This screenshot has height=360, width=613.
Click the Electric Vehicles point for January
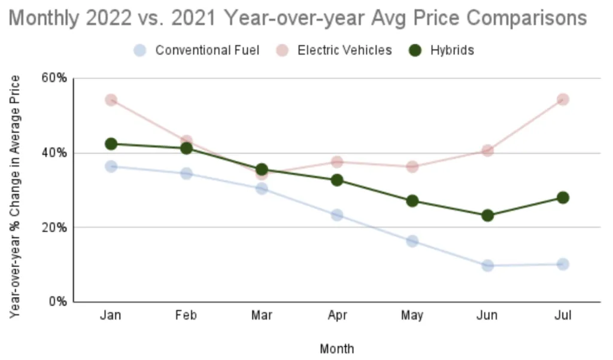pos(111,99)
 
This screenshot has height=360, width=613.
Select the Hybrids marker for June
pos(487,215)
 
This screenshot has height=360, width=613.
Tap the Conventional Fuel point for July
pos(563,264)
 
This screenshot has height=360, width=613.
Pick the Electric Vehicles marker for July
pos(563,99)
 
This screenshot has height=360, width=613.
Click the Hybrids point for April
pos(337,180)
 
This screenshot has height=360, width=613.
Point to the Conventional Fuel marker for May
pos(412,241)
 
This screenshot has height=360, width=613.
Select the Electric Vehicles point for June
pos(487,150)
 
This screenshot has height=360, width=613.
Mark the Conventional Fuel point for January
pos(111,166)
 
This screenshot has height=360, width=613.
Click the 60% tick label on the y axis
pos(53,78)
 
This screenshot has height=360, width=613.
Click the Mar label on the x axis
pos(262,316)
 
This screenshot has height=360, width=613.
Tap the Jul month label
pos(563,316)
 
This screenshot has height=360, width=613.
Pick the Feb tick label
pos(186,316)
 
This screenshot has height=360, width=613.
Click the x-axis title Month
pos(336,349)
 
